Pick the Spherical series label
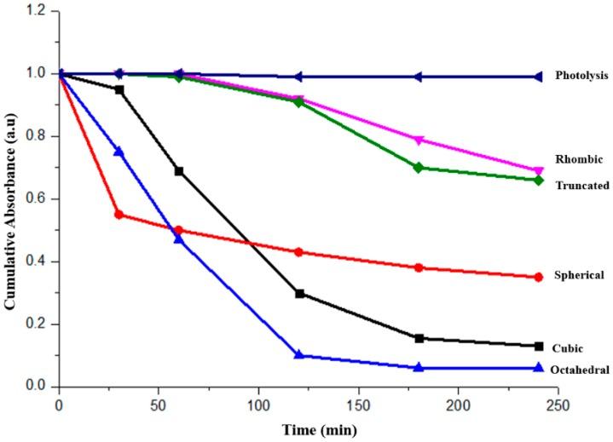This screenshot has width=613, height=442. coord(579,275)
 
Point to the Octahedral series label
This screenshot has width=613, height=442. coord(580,369)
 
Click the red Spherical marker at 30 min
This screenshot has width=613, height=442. coord(119,215)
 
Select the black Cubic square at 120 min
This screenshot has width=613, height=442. coord(299,293)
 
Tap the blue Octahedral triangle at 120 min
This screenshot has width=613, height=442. coord(299,355)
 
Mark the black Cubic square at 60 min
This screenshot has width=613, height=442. coord(179,171)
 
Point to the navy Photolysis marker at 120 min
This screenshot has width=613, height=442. coord(298,77)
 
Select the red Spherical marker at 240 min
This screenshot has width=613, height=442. coord(538,277)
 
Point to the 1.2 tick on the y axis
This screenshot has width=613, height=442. coord(38,11)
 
